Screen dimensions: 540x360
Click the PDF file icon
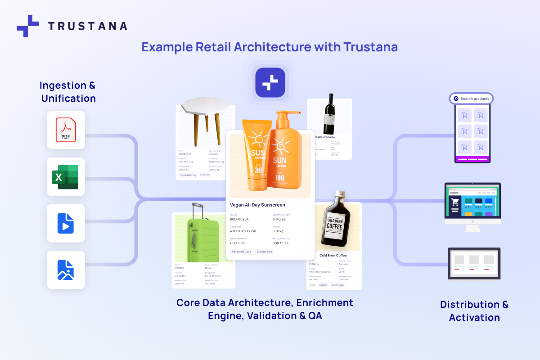click(66, 130)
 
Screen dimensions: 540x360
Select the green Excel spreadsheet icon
click(66, 176)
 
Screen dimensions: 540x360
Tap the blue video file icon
click(66, 223)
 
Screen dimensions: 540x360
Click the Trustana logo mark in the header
click(28, 26)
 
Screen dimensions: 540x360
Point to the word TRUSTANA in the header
click(88, 26)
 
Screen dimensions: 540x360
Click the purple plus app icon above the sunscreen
click(270, 82)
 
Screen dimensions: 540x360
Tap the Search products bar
click(471, 99)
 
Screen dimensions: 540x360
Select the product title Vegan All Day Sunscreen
click(257, 205)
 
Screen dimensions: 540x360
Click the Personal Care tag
click(242, 252)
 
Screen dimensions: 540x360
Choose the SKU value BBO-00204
click(239, 219)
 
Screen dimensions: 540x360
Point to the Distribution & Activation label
click(474, 310)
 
